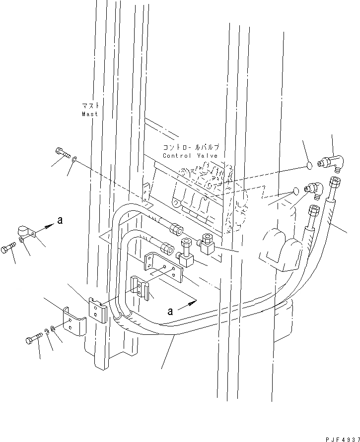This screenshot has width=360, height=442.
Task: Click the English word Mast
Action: [90, 114]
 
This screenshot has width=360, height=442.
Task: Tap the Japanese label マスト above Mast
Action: [90, 106]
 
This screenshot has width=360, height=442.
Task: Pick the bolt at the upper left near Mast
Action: [62, 153]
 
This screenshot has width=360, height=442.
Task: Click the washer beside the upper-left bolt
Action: [74, 159]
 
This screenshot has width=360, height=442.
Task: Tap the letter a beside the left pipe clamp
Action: [60, 221]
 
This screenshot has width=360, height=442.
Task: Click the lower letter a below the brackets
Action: [171, 311]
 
